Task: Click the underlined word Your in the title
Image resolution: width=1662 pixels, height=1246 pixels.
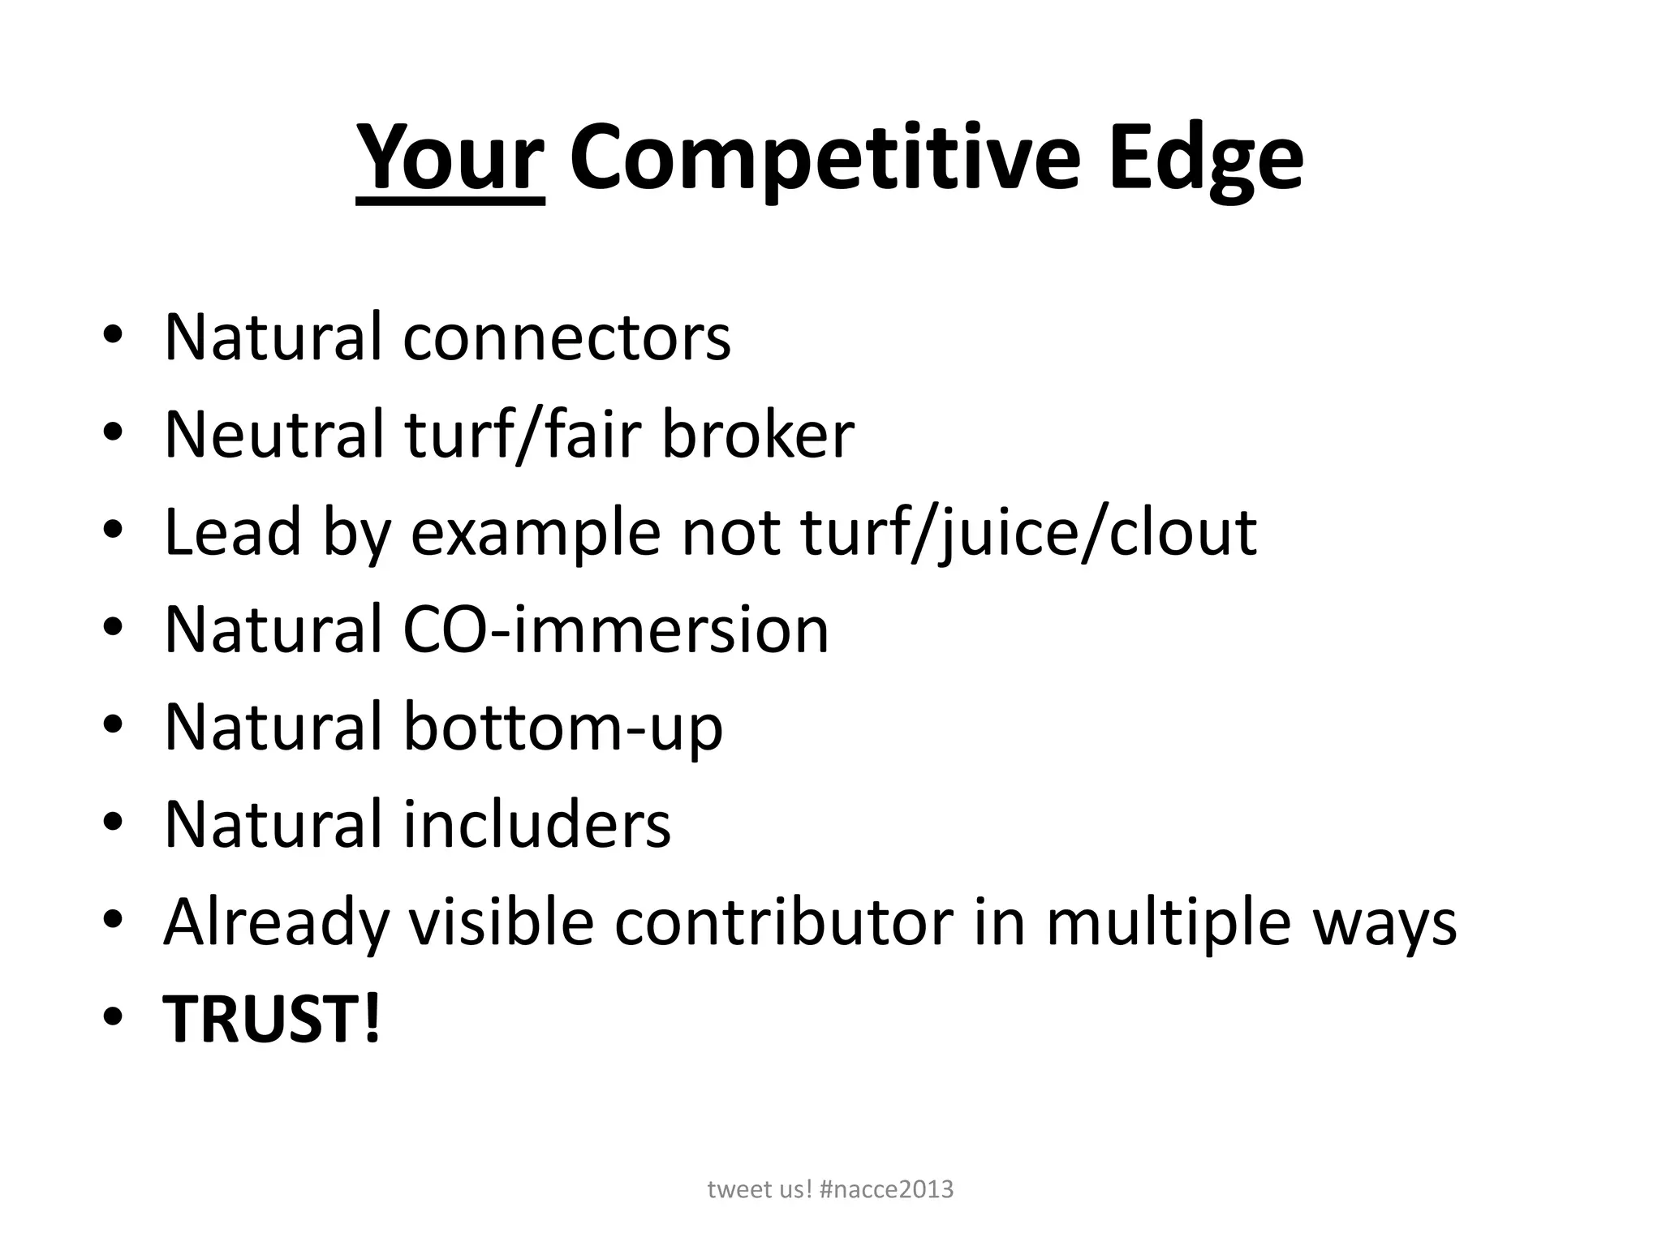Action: (x=450, y=158)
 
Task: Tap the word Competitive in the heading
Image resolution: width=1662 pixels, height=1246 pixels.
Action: (x=825, y=158)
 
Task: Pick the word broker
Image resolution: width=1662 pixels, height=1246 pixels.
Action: (x=758, y=435)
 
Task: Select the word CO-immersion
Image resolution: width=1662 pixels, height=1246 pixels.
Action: (x=615, y=629)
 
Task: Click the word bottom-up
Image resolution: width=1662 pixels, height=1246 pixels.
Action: (x=562, y=728)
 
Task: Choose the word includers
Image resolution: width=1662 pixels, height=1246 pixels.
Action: (x=536, y=825)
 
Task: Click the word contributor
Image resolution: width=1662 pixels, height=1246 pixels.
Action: (x=783, y=922)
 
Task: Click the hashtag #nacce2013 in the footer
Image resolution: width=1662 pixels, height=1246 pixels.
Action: (x=886, y=1190)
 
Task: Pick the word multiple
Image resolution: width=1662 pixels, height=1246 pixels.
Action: (x=1168, y=924)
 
